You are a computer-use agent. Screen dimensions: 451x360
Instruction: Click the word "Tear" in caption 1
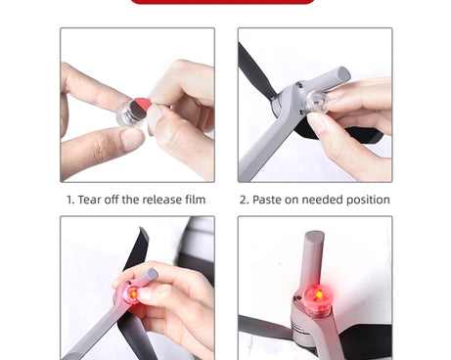[89, 200]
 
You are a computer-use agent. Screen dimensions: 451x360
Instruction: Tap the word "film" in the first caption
[196, 200]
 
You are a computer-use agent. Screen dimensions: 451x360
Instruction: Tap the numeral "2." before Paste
[245, 200]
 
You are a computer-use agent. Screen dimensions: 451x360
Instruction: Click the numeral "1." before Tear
[70, 200]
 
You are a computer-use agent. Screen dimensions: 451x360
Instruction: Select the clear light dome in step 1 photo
[130, 114]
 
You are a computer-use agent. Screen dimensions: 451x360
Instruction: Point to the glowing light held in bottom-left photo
[134, 294]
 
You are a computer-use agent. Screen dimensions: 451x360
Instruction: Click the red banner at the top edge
[223, 2]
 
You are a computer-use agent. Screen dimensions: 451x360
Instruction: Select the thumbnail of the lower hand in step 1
[132, 138]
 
